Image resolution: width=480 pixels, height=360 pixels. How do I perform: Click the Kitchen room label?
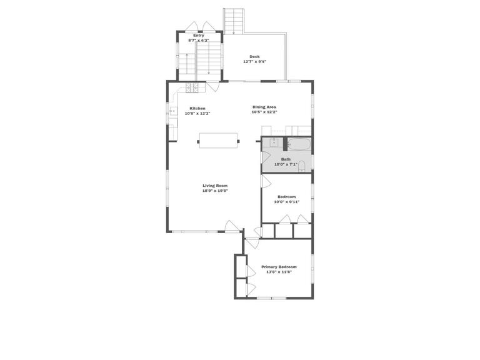(x=197, y=108)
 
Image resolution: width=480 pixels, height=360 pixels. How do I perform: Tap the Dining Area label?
(x=264, y=107)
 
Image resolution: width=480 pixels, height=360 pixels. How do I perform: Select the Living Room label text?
(x=214, y=185)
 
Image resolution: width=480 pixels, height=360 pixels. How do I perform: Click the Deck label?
(x=254, y=57)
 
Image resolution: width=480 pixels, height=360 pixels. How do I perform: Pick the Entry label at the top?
(x=199, y=36)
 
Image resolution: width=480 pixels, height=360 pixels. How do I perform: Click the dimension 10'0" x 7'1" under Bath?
(x=286, y=164)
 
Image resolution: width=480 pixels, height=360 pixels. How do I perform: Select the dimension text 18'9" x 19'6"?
(x=214, y=191)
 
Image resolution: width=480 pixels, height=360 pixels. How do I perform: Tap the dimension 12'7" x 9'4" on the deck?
(x=254, y=62)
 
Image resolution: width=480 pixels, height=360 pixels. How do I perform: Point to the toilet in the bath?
(x=302, y=166)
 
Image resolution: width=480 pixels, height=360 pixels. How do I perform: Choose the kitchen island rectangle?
(x=218, y=140)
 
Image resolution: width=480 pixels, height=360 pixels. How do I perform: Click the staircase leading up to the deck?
(x=233, y=21)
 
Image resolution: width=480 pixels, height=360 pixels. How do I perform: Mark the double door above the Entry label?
(x=199, y=27)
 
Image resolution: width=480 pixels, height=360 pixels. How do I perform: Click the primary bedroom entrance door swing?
(x=252, y=242)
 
